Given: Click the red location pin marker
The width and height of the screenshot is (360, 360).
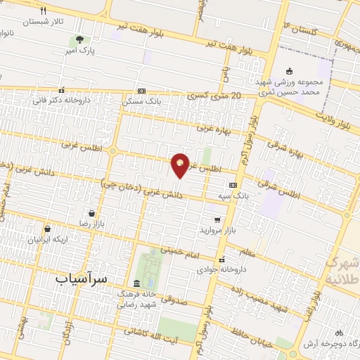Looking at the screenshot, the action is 181,165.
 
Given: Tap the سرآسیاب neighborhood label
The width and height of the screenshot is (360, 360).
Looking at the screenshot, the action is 82,278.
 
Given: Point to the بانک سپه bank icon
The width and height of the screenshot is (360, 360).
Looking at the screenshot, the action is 233,185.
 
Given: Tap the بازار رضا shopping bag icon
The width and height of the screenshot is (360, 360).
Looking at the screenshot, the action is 92,213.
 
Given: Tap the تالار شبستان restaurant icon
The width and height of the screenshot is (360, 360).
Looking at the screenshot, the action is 43,11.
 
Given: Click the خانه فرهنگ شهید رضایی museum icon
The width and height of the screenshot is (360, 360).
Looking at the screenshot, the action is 136,283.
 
